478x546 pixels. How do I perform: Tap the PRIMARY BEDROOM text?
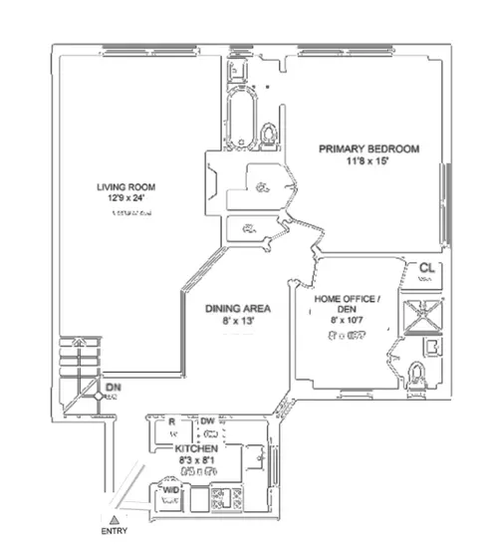[x=368, y=148]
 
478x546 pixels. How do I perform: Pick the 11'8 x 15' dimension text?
[x=368, y=161]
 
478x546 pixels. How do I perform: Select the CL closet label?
[x=426, y=268]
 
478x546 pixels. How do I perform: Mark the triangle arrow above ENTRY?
[x=116, y=520]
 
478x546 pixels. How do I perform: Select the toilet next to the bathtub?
[x=268, y=133]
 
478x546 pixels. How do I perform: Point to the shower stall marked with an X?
[x=412, y=316]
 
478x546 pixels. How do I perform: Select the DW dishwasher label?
[x=208, y=422]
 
